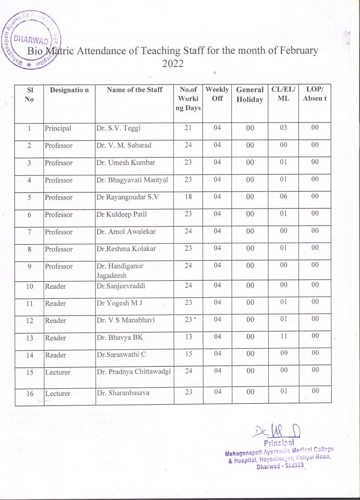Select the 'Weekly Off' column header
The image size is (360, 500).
[217, 94]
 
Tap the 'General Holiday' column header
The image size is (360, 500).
[250, 95]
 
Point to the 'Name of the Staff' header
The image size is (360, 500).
[135, 89]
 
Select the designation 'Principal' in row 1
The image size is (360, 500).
[58, 128]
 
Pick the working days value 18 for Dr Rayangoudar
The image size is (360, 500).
[188, 197]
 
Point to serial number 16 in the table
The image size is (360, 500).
[30, 393]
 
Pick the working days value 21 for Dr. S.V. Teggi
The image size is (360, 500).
[188, 128]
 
